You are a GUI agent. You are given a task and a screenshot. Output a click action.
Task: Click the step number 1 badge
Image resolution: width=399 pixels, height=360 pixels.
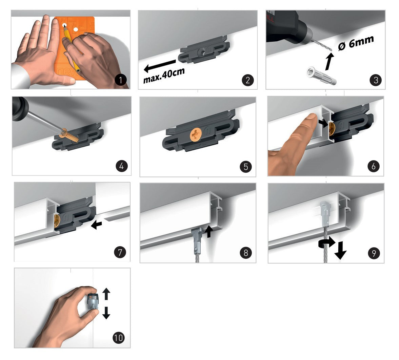coord(121,80)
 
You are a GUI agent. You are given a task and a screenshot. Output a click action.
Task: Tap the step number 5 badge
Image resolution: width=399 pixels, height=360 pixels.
coord(245,167)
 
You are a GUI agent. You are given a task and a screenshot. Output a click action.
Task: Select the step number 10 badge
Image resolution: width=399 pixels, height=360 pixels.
coord(119,338)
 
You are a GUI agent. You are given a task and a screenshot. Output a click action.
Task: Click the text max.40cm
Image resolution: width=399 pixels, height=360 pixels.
coord(164,76)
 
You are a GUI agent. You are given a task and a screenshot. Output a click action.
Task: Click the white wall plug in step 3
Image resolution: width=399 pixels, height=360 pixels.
coord(322,75)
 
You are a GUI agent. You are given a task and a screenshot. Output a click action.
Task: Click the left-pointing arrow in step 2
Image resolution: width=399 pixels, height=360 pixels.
coord(160,65)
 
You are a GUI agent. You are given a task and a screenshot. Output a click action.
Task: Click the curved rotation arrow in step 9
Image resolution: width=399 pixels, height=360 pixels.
coord(327,243)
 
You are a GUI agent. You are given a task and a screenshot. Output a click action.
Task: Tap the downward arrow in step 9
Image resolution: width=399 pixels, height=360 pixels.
coord(340,250)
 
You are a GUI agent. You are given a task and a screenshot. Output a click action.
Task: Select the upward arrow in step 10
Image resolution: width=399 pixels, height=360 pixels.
coord(106,294)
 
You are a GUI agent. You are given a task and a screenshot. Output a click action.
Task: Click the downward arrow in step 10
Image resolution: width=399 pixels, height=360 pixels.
coord(106,313)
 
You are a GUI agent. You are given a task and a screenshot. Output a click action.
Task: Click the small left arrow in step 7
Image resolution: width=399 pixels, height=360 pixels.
coord(96,225)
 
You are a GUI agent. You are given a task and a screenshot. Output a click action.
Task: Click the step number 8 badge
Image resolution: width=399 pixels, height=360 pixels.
coord(245,253)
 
